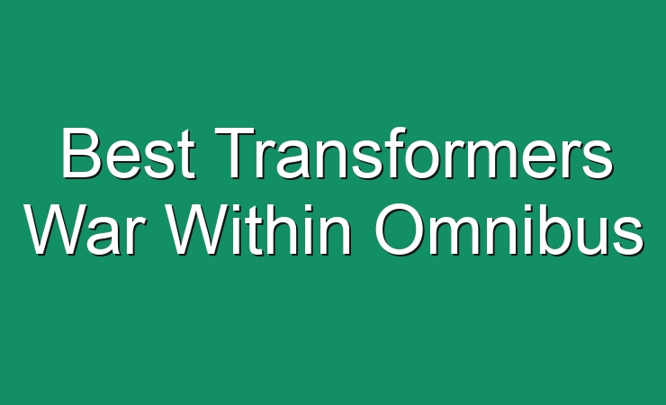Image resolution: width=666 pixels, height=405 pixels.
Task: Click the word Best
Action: coord(129,153)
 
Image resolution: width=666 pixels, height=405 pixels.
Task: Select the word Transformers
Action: coord(414,152)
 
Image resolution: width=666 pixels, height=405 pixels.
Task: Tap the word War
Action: coord(83,229)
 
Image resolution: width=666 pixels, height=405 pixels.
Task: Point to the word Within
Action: coord(259,229)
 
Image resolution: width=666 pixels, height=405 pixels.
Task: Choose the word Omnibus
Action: coord(509,229)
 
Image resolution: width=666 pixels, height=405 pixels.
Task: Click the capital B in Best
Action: coord(82,152)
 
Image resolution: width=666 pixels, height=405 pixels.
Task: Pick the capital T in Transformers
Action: coord(236,152)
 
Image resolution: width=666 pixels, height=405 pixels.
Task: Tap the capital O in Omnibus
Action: coord(400,229)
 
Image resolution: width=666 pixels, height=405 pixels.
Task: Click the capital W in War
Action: coord(56,230)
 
